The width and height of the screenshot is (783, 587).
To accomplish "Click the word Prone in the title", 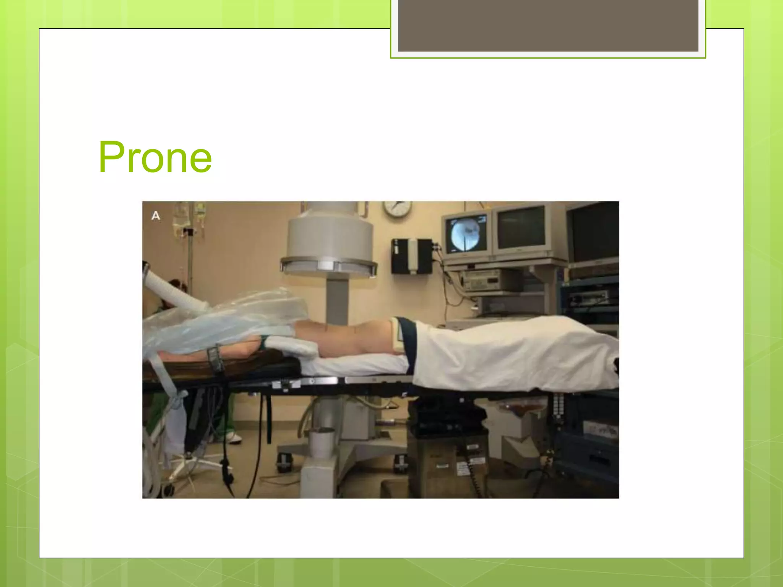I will pos(155,157).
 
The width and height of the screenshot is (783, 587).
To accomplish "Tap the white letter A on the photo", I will pos(156,216).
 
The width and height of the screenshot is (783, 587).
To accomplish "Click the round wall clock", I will pos(398,209).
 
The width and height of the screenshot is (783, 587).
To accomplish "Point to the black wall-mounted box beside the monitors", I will pos(411,256).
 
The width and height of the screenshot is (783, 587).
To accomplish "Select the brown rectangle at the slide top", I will pos(548,25).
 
